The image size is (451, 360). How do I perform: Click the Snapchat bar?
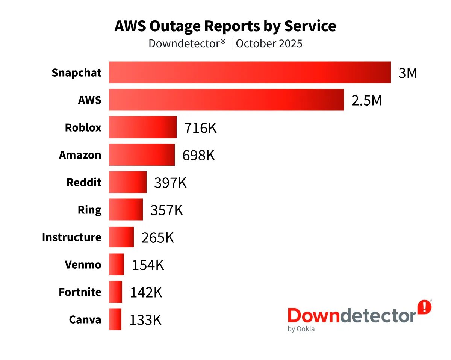click(x=250, y=73)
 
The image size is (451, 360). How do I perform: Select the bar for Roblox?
click(x=143, y=127)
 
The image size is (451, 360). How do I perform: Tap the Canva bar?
click(x=115, y=319)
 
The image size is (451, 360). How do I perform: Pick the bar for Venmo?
click(x=117, y=265)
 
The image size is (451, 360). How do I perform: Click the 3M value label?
click(x=408, y=73)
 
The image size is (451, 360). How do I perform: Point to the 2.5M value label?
click(x=366, y=100)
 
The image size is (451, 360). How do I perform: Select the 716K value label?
click(x=200, y=128)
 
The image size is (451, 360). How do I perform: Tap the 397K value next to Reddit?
click(x=170, y=183)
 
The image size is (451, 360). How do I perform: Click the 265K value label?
click(x=157, y=237)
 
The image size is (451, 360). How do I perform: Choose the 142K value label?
click(x=146, y=292)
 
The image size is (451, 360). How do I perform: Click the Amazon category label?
click(x=80, y=155)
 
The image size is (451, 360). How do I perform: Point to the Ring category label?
click(x=89, y=210)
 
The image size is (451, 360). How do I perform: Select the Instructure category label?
click(x=71, y=237)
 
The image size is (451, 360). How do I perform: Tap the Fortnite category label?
click(x=80, y=292)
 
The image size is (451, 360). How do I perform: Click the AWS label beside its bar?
click(x=89, y=100)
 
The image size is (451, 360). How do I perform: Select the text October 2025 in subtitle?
click(x=269, y=44)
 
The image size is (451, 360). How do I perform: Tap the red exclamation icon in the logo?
click(x=425, y=307)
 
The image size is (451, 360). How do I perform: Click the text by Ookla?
click(x=301, y=329)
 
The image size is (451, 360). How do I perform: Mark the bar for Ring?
click(x=126, y=210)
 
